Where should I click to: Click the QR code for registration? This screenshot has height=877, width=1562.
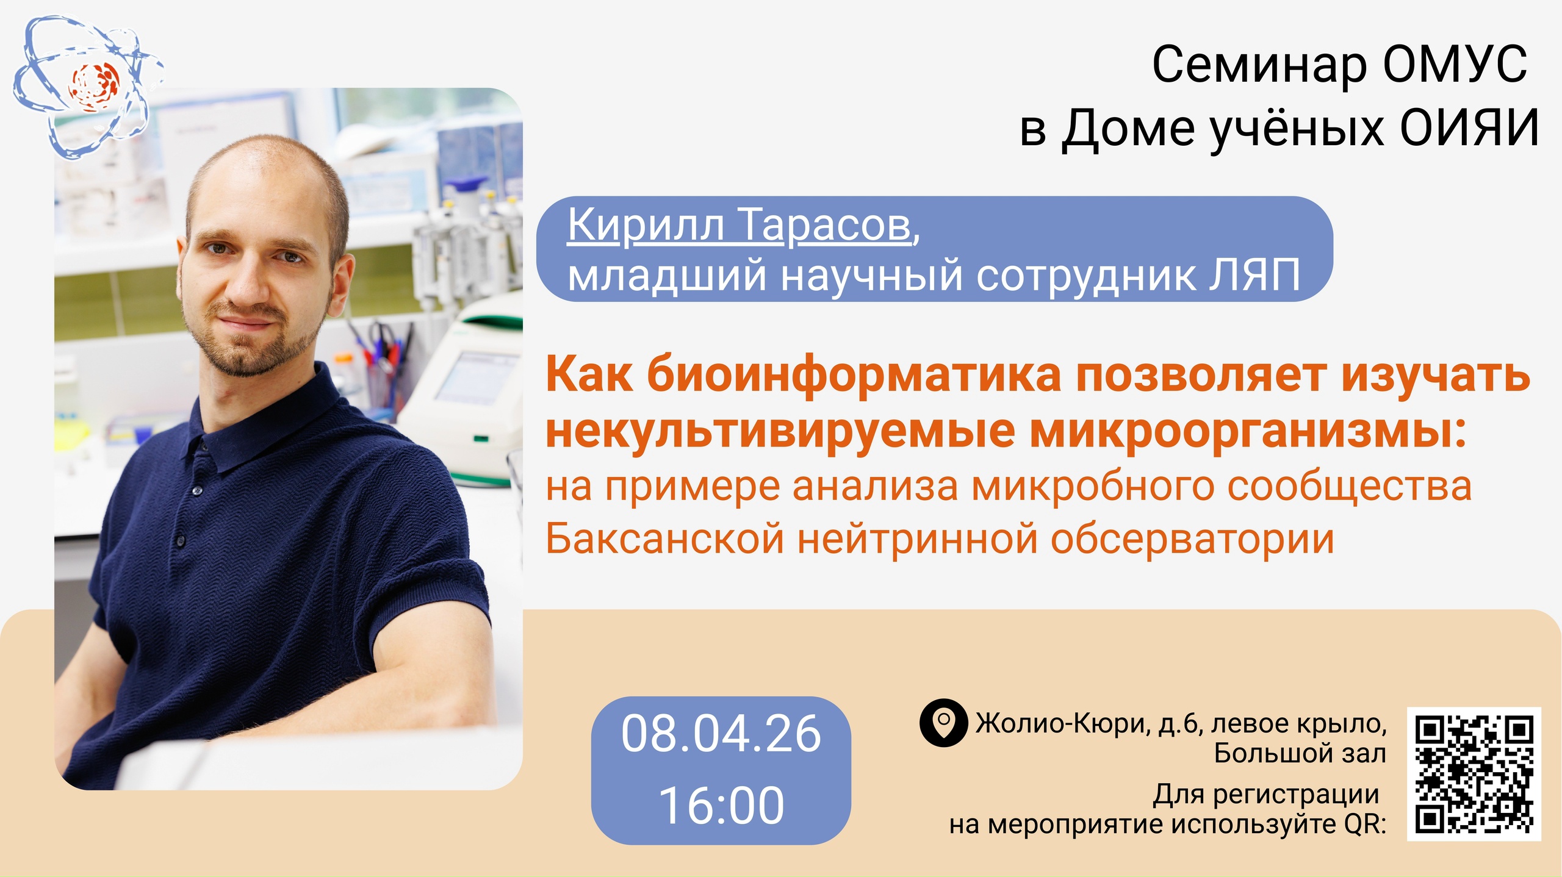[x=1474, y=774]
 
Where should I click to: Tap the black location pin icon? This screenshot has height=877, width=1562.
[x=943, y=723]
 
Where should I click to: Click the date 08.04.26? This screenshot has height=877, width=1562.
[x=721, y=734]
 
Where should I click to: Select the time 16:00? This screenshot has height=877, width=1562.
[x=721, y=806]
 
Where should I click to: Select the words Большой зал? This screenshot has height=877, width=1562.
[x=1300, y=753]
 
